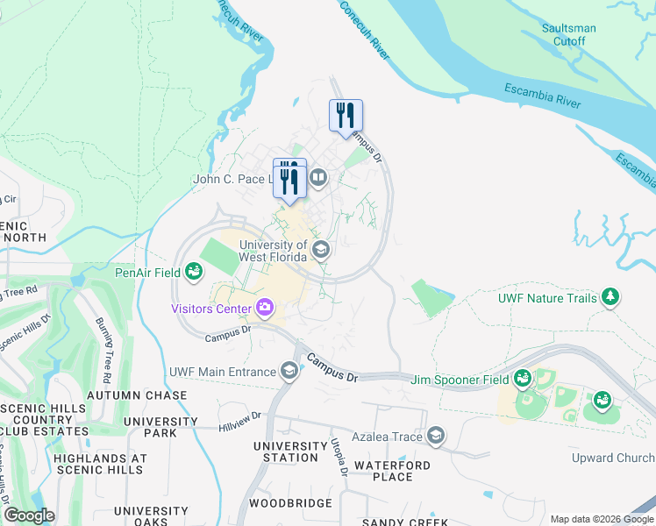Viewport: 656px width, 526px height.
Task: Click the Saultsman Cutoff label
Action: [568, 34]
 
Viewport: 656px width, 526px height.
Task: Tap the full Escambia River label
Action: [542, 96]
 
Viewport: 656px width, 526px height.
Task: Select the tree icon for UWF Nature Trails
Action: [610, 298]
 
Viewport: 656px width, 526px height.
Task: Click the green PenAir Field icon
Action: [193, 273]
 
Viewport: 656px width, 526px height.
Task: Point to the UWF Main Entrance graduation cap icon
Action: [289, 372]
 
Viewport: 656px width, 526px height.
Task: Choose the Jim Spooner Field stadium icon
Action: [523, 379]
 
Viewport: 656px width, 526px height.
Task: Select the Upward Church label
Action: [624, 458]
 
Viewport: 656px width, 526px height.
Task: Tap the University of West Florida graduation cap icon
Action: [321, 251]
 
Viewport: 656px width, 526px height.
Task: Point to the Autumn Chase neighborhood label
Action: [141, 395]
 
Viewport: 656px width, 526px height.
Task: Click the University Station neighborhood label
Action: [285, 451]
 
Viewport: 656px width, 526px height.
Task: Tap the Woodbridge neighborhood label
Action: [290, 503]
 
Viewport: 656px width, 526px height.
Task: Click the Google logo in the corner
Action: [28, 515]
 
